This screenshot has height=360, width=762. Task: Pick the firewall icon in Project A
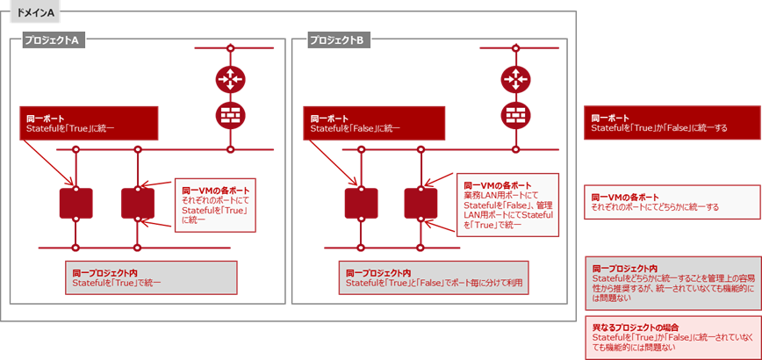click(230, 115)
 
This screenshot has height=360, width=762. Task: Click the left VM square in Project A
click(76, 203)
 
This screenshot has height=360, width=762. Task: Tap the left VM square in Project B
click(361, 203)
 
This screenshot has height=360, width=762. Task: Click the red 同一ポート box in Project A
click(88, 123)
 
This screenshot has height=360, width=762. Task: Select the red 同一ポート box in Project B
click(372, 123)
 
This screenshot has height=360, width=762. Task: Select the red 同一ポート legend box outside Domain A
click(671, 123)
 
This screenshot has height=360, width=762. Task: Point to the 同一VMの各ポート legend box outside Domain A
click(671, 202)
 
